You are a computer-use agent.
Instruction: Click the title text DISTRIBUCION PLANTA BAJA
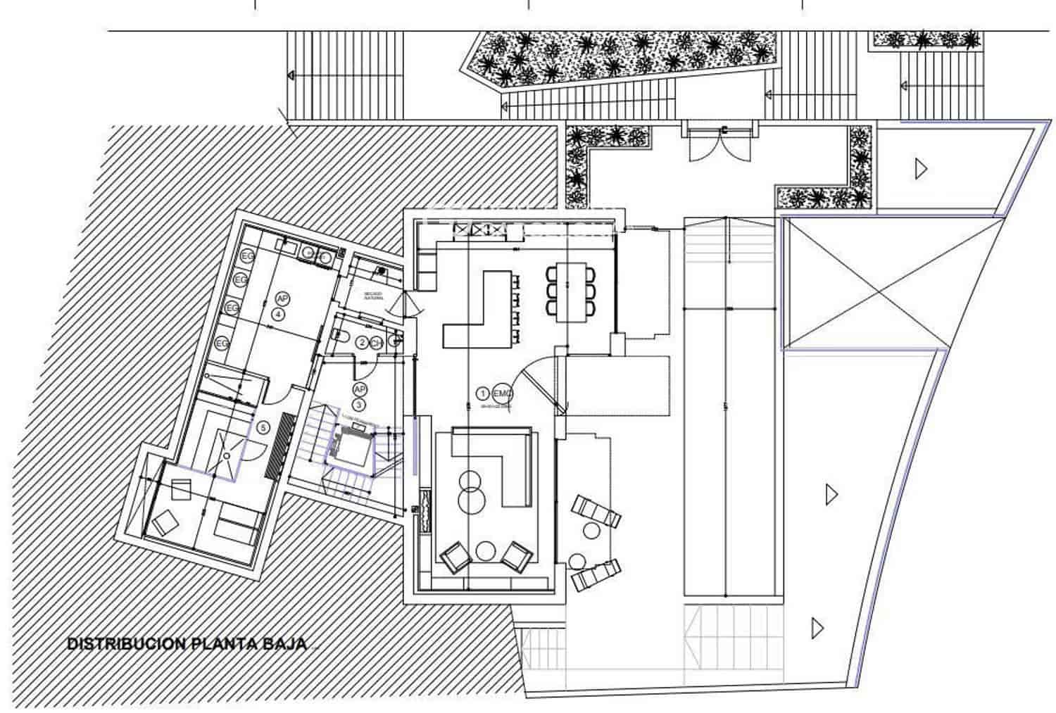pyautogui.click(x=187, y=643)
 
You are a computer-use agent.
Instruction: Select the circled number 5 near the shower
pyautogui.click(x=263, y=427)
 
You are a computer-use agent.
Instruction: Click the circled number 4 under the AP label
pyautogui.click(x=279, y=315)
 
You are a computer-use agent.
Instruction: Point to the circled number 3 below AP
pyautogui.click(x=358, y=404)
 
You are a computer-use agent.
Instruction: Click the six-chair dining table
pyautogui.click(x=571, y=291)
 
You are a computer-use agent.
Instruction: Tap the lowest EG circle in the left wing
pyautogui.click(x=222, y=343)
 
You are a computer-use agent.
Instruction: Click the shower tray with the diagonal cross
pyautogui.click(x=228, y=455)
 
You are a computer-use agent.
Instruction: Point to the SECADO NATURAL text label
pyautogui.click(x=375, y=296)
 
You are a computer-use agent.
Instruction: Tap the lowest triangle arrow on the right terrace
pyautogui.click(x=817, y=626)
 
